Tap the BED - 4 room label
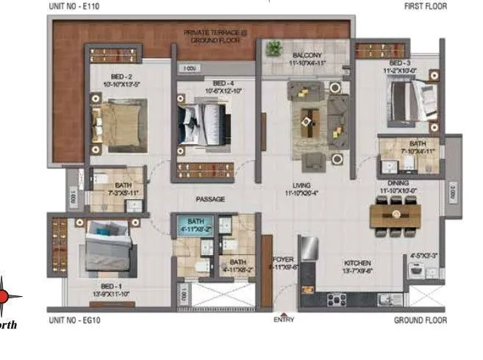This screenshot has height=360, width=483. pyautogui.click(x=218, y=83)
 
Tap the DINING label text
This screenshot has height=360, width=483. pyautogui.click(x=397, y=184)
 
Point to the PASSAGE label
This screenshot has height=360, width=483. pyautogui.click(x=210, y=199)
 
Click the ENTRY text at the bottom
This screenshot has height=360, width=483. pyautogui.click(x=284, y=320)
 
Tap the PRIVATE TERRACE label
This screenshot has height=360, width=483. pyautogui.click(x=204, y=33)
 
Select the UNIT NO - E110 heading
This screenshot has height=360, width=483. pyautogui.click(x=75, y=6)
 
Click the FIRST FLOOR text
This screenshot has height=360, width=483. pyautogui.click(x=424, y=6)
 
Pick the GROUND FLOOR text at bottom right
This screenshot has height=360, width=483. pyautogui.click(x=420, y=320)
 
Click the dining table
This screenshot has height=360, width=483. pyautogui.click(x=396, y=215)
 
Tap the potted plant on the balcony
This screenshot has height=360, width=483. pyautogui.click(x=274, y=48)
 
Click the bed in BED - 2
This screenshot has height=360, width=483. pyautogui.click(x=119, y=118)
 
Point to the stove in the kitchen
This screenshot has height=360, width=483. pyautogui.click(x=337, y=299)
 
